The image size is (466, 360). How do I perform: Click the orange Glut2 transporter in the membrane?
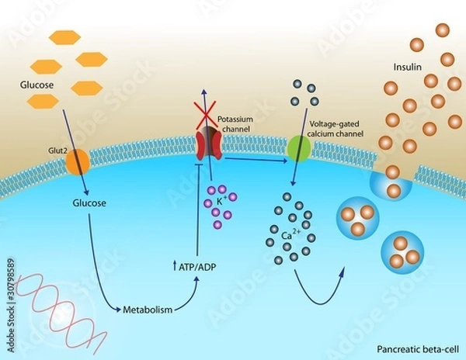pos(77,162)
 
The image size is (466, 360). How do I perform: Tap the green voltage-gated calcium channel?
pos(299,148)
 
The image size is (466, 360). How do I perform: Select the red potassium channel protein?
pos(210,146)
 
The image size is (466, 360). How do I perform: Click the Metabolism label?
pos(148,310)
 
